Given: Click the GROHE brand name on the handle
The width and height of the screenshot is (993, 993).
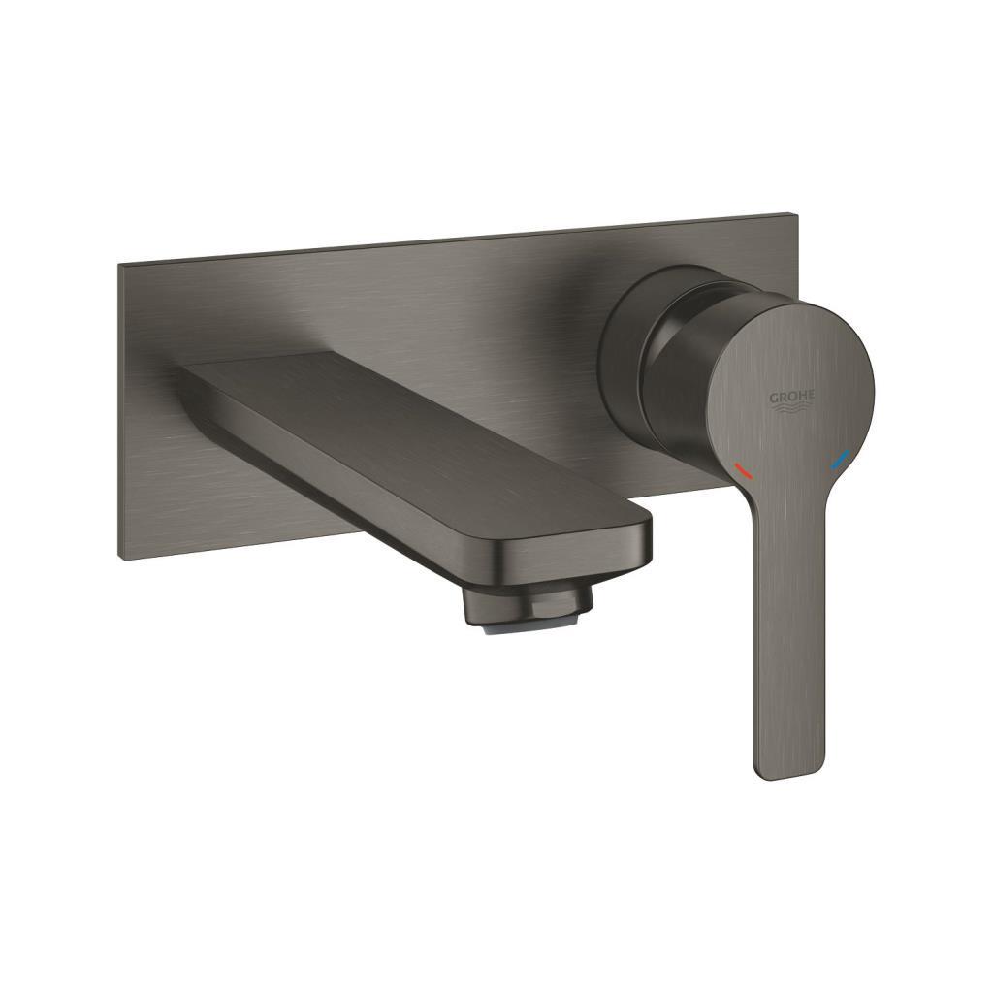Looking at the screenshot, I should [x=792, y=397].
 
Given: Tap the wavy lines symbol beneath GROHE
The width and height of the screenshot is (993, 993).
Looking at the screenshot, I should [x=792, y=411].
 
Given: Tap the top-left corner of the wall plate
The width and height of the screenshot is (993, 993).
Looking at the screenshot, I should [x=120, y=264].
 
